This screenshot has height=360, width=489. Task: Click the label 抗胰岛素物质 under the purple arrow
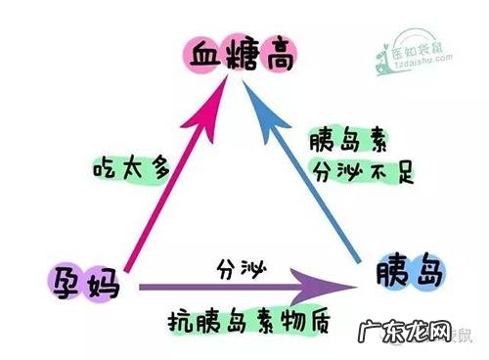240,320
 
